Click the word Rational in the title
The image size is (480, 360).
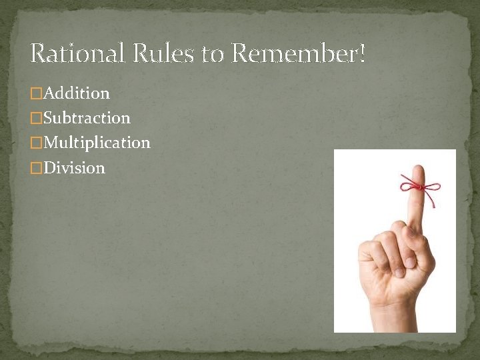click(77, 53)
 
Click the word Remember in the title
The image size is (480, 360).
click(293, 53)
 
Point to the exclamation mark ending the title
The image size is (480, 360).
click(362, 53)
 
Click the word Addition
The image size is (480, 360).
click(77, 93)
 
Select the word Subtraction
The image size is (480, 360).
click(87, 118)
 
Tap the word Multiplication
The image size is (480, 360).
click(97, 143)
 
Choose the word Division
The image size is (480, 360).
click(74, 167)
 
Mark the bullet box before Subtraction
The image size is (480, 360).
click(37, 119)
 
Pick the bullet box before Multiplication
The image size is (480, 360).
click(37, 143)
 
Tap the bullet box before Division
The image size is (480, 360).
click(37, 168)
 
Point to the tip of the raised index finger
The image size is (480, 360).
click(417, 169)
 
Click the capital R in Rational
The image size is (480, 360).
click(38, 53)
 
